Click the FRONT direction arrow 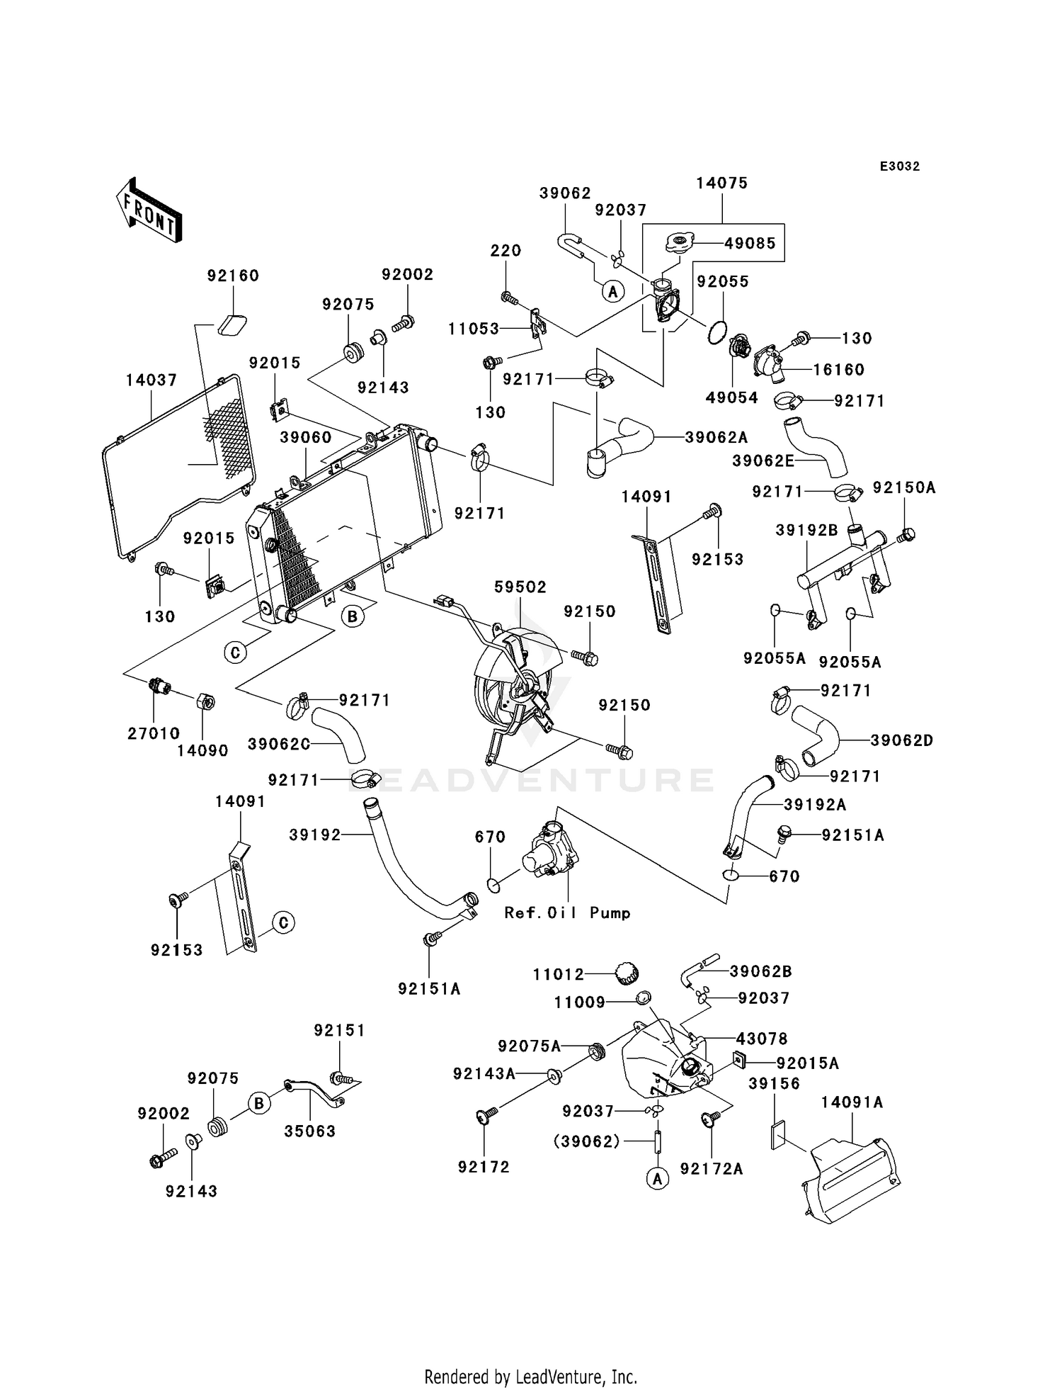[149, 213]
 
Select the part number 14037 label [151, 380]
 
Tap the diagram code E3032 [899, 166]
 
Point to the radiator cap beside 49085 [679, 243]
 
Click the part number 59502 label [520, 587]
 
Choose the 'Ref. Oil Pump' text [567, 913]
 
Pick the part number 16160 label [838, 369]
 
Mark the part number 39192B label [806, 530]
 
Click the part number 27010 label [154, 733]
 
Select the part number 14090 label [202, 750]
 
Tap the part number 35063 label [309, 1131]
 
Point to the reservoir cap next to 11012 [625, 973]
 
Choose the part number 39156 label [774, 1084]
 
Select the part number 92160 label [233, 276]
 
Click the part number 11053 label [473, 329]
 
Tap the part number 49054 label [731, 397]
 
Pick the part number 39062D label [901, 740]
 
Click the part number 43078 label [762, 1039]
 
